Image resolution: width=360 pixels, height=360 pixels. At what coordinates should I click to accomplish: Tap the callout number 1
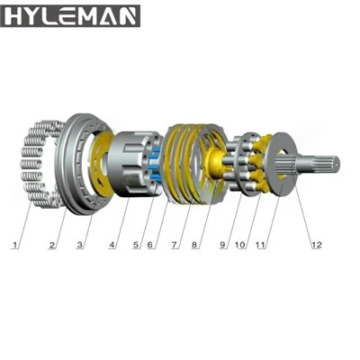[x=14, y=245]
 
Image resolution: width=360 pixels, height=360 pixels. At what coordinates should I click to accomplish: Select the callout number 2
[x=52, y=245]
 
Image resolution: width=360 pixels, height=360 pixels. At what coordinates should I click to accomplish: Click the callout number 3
[x=79, y=245]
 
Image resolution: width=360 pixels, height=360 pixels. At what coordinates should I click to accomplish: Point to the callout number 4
[x=112, y=245]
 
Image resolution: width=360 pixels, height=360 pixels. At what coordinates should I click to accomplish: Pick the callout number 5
[x=137, y=245]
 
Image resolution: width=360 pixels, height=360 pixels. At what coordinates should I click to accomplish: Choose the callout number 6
[x=150, y=245]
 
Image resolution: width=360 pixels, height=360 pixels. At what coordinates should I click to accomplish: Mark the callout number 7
[x=175, y=245]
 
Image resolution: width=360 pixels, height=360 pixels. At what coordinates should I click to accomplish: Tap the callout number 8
[x=194, y=245]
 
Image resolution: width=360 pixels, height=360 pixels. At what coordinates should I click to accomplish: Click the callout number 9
[x=222, y=245]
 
